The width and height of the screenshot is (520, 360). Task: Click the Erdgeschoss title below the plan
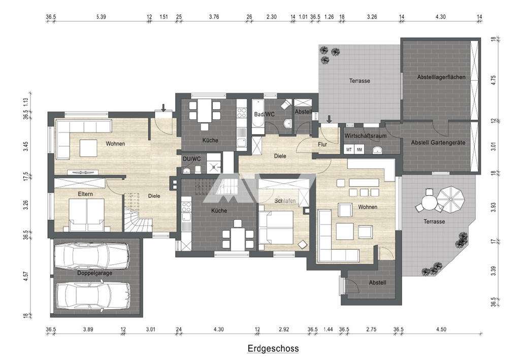273,349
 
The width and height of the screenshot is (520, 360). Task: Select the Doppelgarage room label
94,273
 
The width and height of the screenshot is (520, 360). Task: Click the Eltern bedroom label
84,194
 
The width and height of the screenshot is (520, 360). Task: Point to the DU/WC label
191,159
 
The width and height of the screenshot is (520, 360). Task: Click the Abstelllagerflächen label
440,77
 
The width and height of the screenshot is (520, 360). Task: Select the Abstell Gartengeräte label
438,143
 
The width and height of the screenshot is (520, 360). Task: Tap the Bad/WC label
264,115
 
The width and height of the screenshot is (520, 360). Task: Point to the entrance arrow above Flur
329,119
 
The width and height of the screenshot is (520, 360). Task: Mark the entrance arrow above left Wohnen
164,107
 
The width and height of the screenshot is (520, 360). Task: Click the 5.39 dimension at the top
101,17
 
